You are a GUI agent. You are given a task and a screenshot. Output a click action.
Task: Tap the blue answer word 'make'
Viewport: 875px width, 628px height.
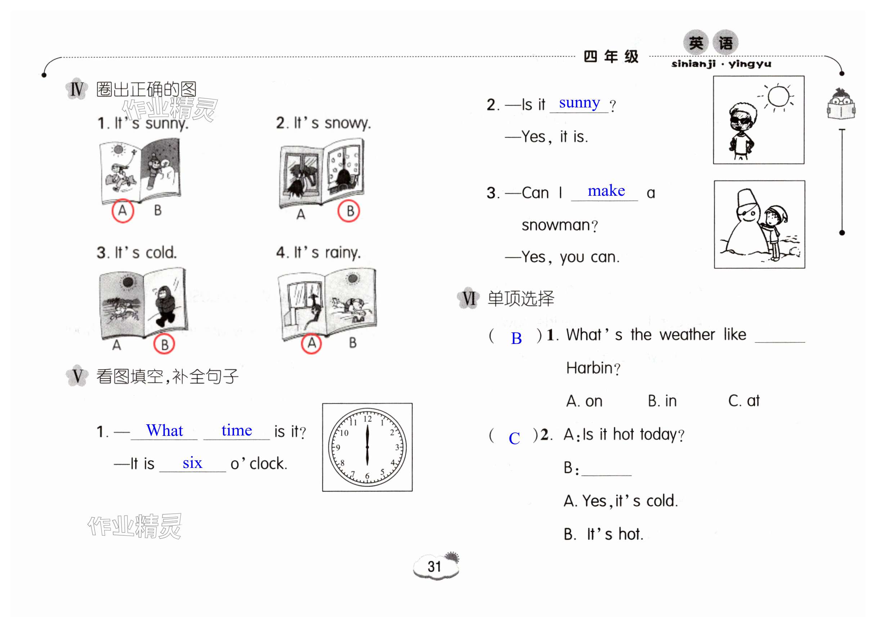(x=606, y=191)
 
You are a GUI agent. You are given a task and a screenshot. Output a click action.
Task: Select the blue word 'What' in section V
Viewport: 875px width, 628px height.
(x=164, y=430)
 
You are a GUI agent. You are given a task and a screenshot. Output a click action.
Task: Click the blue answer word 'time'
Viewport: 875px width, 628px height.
(x=237, y=430)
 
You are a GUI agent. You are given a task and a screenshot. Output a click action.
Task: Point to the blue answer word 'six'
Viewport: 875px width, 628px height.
(x=192, y=463)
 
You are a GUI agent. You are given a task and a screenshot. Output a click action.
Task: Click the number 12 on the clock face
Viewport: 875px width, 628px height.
(x=367, y=419)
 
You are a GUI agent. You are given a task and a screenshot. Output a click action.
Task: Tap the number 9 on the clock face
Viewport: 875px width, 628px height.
(x=338, y=447)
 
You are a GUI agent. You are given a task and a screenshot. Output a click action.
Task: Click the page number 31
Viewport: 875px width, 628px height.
(x=434, y=567)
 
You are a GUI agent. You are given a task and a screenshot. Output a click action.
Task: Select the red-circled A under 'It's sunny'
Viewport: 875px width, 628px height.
(x=123, y=211)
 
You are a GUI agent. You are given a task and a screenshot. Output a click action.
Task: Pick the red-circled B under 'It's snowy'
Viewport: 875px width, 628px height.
(x=349, y=211)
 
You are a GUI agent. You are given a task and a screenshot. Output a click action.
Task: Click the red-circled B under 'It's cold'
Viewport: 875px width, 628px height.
(x=164, y=344)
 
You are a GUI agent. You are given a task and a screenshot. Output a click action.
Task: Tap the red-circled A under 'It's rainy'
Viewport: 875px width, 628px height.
(x=311, y=343)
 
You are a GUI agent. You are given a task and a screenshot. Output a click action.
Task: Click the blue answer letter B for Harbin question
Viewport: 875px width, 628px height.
(x=516, y=339)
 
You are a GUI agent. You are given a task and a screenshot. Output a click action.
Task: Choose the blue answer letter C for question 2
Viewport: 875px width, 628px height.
(x=514, y=438)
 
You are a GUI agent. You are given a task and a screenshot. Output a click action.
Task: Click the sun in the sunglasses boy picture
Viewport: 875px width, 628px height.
(x=778, y=97)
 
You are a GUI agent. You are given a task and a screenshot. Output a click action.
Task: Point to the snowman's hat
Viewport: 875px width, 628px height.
(x=746, y=198)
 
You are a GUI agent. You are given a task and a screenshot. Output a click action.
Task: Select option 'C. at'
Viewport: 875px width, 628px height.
(x=744, y=401)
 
